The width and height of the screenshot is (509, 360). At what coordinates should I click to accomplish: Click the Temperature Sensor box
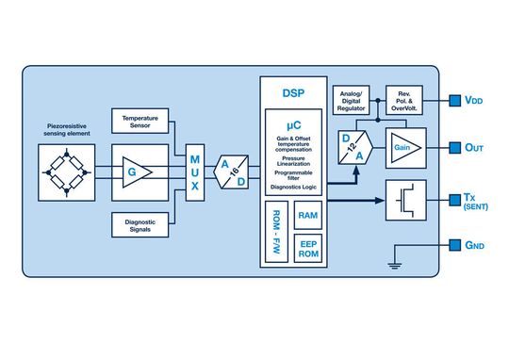(x=141, y=121)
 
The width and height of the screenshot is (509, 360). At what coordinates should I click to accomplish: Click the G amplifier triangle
(x=131, y=172)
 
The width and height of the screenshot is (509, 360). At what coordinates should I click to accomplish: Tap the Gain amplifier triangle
(x=403, y=147)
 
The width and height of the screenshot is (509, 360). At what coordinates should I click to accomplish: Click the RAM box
(x=307, y=217)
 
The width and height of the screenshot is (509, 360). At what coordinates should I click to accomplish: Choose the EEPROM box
(x=307, y=252)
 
